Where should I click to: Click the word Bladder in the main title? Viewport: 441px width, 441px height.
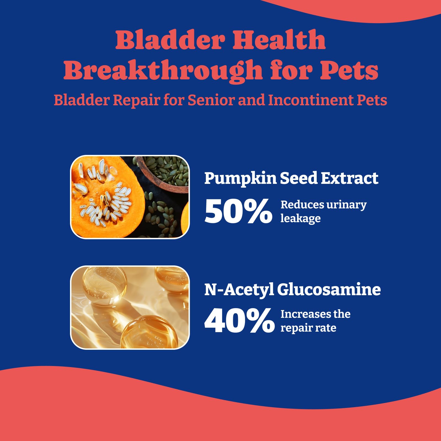click(x=171, y=40)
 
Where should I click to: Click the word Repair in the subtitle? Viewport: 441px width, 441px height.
click(x=136, y=100)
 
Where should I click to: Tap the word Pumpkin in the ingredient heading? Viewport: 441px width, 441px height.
click(x=240, y=179)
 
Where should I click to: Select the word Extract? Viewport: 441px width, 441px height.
click(x=349, y=178)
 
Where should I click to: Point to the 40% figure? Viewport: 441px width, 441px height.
click(x=239, y=321)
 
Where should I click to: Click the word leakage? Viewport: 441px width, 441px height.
click(x=300, y=219)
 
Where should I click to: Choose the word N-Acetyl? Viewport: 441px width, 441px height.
click(x=239, y=290)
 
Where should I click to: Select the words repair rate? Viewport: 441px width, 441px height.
click(x=308, y=328)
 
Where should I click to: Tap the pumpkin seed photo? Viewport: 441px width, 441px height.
click(x=130, y=197)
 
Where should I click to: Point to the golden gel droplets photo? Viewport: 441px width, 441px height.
click(x=130, y=307)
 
